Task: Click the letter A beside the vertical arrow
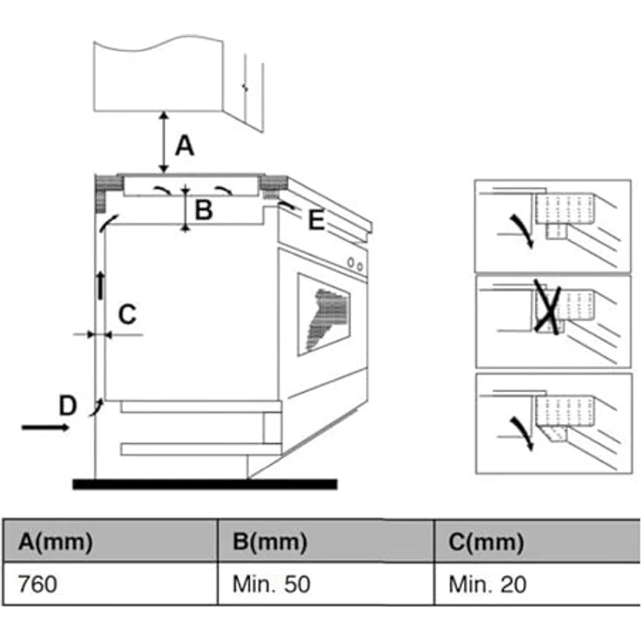point(185,145)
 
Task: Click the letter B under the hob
point(204,210)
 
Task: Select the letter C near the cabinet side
point(127,314)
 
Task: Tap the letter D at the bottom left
point(68,405)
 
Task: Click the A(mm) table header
point(56,542)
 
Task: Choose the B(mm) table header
point(270,542)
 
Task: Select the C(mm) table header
point(486,542)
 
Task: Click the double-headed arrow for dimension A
point(164,142)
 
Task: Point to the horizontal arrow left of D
point(45,428)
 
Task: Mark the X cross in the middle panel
point(548,307)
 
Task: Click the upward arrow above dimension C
point(100,285)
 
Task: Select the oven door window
point(324,314)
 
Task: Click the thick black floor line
point(205,484)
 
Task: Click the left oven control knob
point(351,262)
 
